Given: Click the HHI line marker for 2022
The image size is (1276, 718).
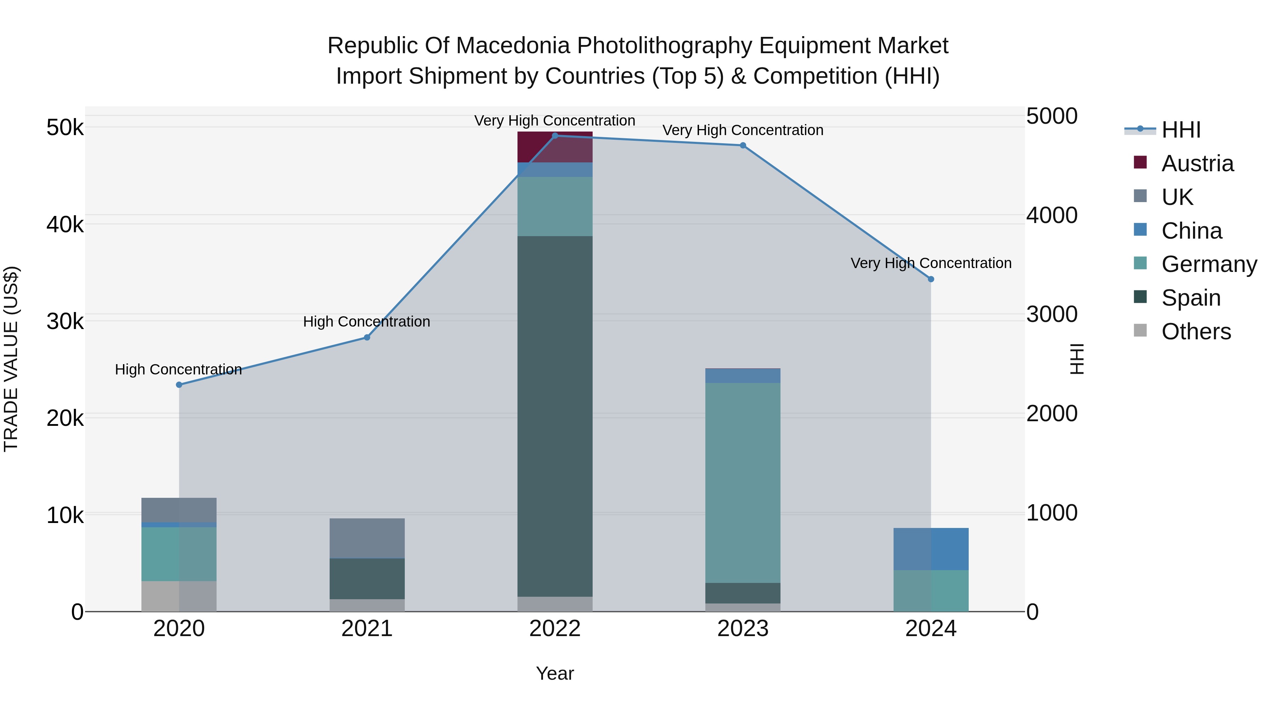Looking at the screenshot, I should pyautogui.click(x=555, y=136).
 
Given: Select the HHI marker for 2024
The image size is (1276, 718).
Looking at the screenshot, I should pyautogui.click(x=931, y=279).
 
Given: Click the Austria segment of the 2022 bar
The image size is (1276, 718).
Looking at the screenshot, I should pyautogui.click(x=555, y=147).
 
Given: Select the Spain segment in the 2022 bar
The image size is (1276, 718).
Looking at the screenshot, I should pyautogui.click(x=555, y=416).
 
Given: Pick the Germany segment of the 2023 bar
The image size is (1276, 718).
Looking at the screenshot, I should pyautogui.click(x=743, y=483).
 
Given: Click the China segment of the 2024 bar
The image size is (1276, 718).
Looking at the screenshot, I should pyautogui.click(x=931, y=549).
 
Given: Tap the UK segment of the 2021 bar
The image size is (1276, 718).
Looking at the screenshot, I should pyautogui.click(x=367, y=538).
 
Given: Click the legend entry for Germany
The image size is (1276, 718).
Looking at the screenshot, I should pyautogui.click(x=1209, y=264).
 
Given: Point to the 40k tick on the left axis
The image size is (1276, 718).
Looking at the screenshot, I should pyautogui.click(x=65, y=225).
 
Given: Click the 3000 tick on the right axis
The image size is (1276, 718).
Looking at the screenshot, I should pyautogui.click(x=1052, y=315).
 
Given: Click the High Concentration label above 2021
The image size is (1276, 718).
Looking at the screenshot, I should pyautogui.click(x=366, y=322).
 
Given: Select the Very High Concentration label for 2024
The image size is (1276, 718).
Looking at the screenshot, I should pyautogui.click(x=931, y=263).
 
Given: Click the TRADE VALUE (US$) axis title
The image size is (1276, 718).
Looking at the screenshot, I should pyautogui.click(x=11, y=359).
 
